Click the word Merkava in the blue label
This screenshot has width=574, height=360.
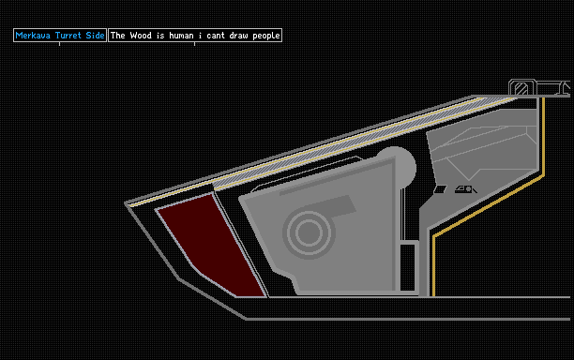(33, 36)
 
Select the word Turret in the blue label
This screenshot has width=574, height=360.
(68, 36)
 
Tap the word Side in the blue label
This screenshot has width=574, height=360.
(95, 36)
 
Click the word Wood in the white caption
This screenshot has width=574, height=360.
(141, 36)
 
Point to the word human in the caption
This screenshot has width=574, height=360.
(181, 36)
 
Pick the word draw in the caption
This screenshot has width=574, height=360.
(238, 36)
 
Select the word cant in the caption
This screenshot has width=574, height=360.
(216, 36)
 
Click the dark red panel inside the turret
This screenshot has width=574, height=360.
(208, 244)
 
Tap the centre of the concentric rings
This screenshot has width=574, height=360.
(309, 232)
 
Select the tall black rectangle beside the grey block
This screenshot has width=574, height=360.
(407, 267)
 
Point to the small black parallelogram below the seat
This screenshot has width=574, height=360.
(440, 189)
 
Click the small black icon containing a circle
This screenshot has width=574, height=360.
(465, 189)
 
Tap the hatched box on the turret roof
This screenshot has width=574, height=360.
(521, 88)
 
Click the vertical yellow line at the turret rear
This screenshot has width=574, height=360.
(543, 136)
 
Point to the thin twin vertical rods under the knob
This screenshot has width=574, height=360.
(402, 214)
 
